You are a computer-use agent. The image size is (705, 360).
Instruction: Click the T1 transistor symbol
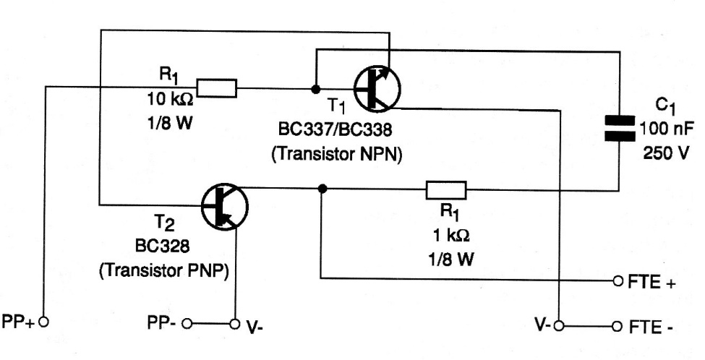pyautogui.click(x=377, y=89)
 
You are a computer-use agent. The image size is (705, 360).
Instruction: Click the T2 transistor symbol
pyautogui.click(x=222, y=206)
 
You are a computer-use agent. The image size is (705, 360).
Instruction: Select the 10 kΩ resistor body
pyautogui.click(x=216, y=89)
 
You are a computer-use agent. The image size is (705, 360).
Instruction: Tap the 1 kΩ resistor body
pyautogui.click(x=445, y=191)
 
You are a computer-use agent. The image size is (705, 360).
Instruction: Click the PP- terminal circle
pyautogui.click(x=187, y=322)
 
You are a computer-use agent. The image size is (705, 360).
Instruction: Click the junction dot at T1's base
pyautogui.click(x=315, y=89)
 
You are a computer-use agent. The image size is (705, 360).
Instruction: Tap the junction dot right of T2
pyautogui.click(x=321, y=189)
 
